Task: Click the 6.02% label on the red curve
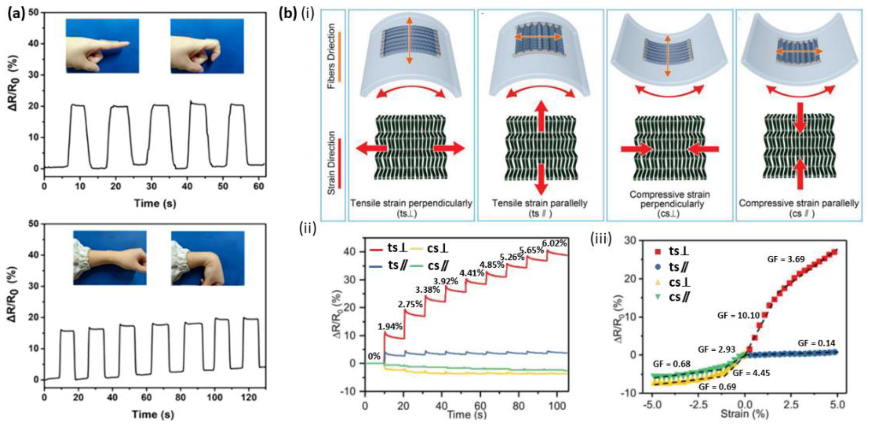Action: (554, 243)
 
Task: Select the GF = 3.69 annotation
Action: (786, 259)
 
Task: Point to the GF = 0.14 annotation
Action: (816, 343)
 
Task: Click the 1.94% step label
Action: (390, 327)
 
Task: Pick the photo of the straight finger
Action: (102, 46)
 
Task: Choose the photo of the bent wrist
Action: (207, 258)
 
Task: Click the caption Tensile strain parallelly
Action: (540, 203)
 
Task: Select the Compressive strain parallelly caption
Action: (799, 203)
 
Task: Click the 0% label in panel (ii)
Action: (374, 356)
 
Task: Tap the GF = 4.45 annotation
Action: (751, 373)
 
